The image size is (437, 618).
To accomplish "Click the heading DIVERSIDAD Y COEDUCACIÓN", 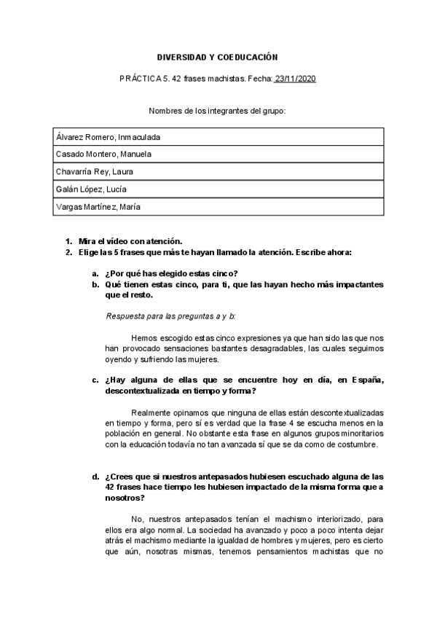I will click(218, 57).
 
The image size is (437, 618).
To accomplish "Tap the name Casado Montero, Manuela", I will click(104, 154).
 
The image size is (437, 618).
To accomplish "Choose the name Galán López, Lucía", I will click(91, 189).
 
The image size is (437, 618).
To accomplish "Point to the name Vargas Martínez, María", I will click(98, 207).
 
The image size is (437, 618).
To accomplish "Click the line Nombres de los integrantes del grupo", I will click(217, 111).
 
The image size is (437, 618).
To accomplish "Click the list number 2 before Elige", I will click(68, 252).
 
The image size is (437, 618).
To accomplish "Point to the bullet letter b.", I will click(95, 284).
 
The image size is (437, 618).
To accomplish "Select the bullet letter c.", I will click(95, 380).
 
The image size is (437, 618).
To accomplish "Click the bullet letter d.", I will click(95, 477).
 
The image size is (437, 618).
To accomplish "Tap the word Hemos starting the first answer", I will click(146, 338).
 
